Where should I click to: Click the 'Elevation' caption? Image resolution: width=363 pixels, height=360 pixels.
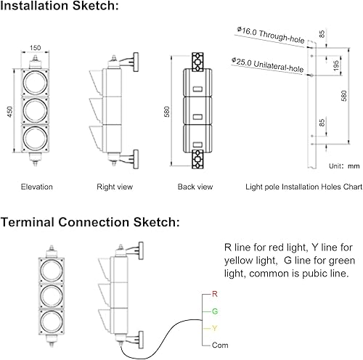pos(36,187)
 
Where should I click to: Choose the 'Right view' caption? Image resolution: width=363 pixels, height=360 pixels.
pos(115,187)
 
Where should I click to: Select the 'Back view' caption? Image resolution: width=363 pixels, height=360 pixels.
pos(195,187)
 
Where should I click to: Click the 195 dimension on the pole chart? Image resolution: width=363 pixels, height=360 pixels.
pos(335,65)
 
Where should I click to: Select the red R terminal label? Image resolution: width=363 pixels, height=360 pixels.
pos(213,295)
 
